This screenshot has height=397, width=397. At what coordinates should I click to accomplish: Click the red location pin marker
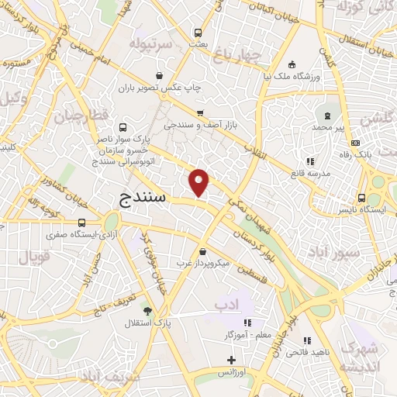[200, 182]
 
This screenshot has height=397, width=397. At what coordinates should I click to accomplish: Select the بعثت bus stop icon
[198, 33]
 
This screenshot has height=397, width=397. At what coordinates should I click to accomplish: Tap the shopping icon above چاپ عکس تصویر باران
[159, 75]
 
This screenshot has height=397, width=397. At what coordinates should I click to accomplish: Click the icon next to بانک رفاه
[355, 142]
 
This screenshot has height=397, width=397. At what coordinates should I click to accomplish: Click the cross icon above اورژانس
[231, 359]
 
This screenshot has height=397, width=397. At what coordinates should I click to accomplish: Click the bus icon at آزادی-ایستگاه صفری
[82, 223]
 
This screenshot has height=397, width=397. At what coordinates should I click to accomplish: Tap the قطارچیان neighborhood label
[78, 117]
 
